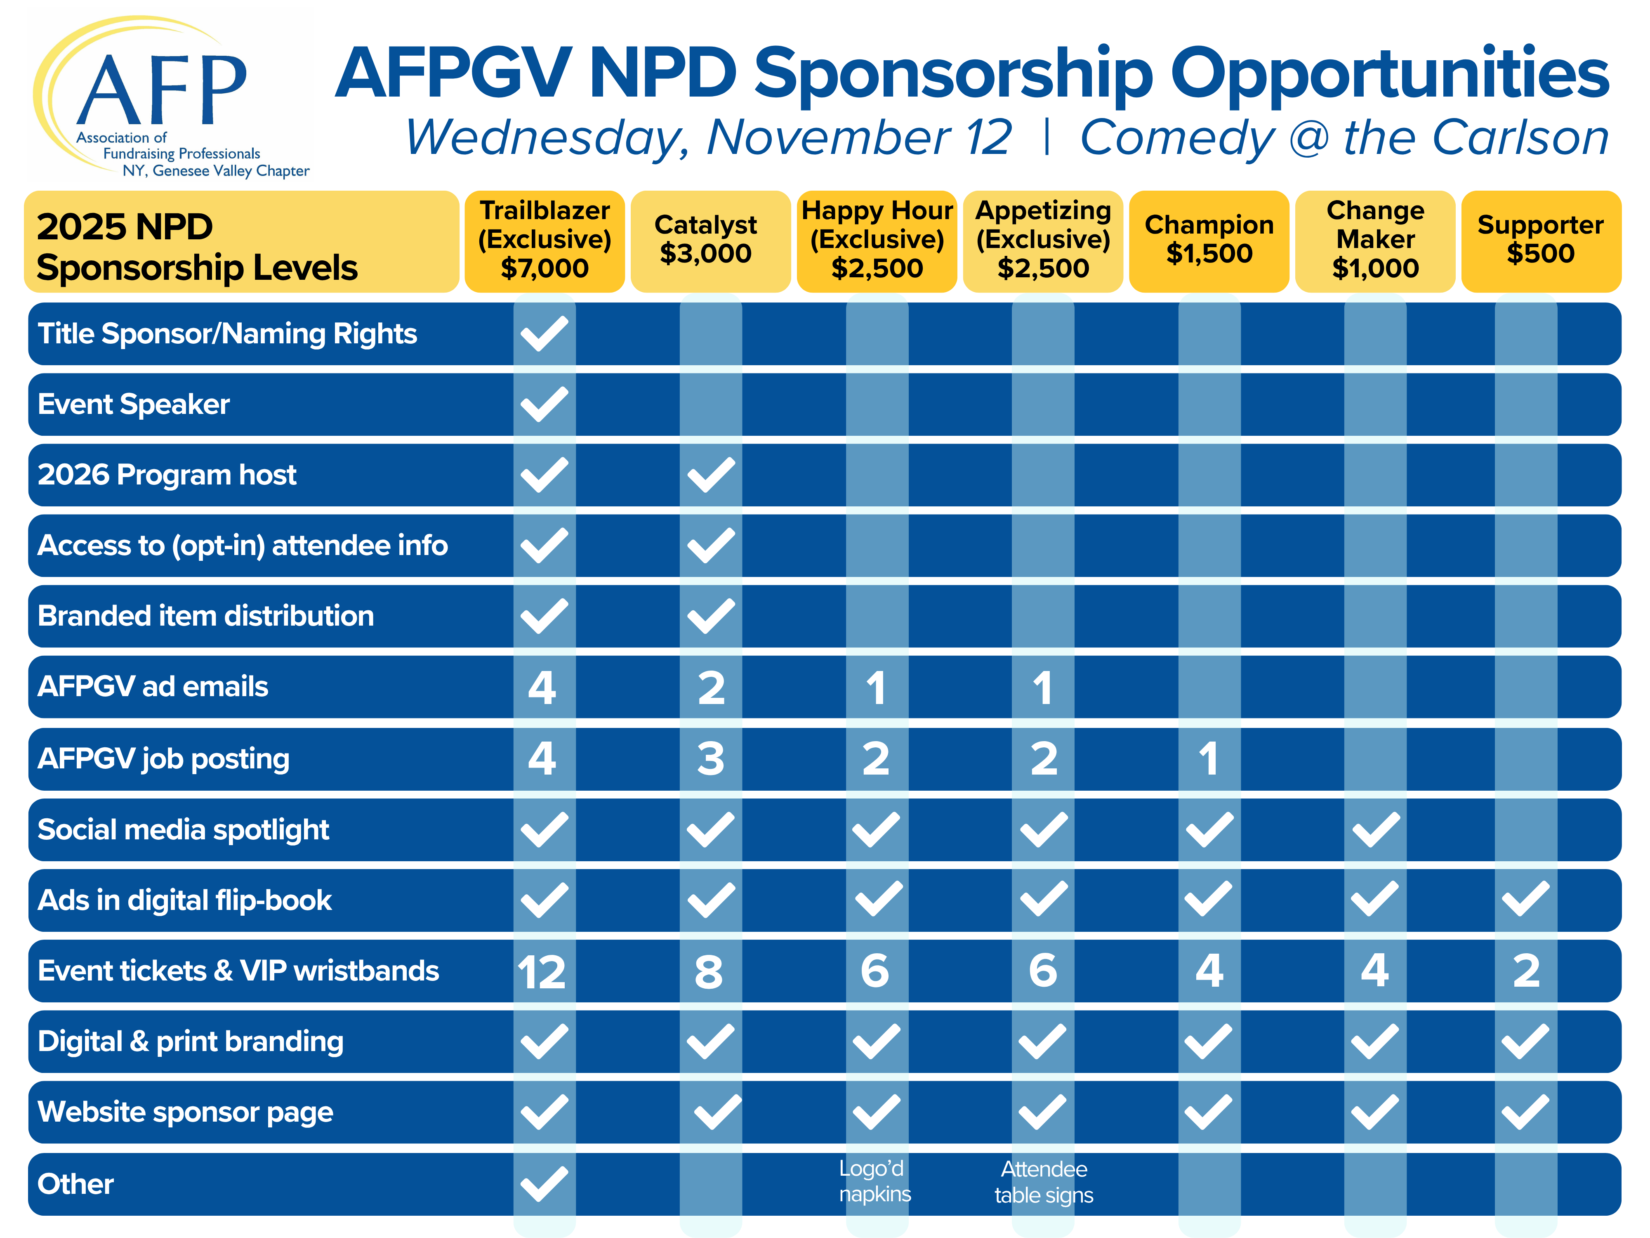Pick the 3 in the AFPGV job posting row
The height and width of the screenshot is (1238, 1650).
pyautogui.click(x=711, y=759)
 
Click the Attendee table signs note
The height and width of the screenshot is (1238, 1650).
pyautogui.click(x=1044, y=1182)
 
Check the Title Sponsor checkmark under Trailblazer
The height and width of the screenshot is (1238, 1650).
pyautogui.click(x=544, y=333)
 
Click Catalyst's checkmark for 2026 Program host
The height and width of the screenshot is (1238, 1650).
pyautogui.click(x=711, y=475)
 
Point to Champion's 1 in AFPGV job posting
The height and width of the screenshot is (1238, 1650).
pyautogui.click(x=1208, y=759)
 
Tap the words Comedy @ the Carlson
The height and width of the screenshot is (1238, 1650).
pyautogui.click(x=1345, y=138)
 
